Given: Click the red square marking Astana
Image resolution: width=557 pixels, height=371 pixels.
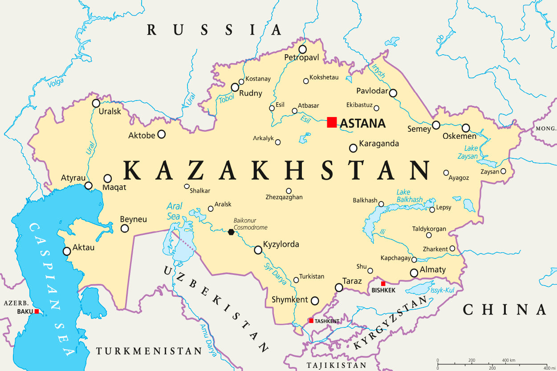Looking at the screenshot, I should click(332, 122).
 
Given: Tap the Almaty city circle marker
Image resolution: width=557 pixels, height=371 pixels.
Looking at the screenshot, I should click(414, 273).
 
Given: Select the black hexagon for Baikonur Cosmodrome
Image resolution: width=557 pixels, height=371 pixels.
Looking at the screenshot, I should click(231, 232).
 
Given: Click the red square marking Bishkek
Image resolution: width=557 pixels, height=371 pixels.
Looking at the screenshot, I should click(383, 283).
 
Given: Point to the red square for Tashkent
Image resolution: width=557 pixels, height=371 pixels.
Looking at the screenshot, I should click(311, 321).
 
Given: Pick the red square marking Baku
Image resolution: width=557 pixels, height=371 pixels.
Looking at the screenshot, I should click(37, 311).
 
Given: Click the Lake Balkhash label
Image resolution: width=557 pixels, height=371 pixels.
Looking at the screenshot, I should click(409, 196).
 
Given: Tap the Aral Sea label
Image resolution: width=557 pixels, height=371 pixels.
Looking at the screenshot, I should click(174, 211).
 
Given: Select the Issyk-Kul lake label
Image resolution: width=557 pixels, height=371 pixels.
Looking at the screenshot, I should click(442, 290).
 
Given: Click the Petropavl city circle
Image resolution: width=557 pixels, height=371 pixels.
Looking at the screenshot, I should click(303, 49).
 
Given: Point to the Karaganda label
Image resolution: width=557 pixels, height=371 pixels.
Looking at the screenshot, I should click(379, 144).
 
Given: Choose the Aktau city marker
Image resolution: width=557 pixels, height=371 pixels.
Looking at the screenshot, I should click(67, 251).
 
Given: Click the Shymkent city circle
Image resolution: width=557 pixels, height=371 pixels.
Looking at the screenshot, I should click(315, 301).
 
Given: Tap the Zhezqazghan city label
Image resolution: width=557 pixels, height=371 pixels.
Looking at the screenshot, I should click(284, 197).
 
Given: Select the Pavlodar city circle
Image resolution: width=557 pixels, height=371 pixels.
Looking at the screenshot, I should click(393, 93).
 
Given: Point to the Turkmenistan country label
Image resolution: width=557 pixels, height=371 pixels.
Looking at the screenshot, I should click(149, 351).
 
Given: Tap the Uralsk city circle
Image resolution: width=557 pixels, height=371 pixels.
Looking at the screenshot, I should click(96, 103).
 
